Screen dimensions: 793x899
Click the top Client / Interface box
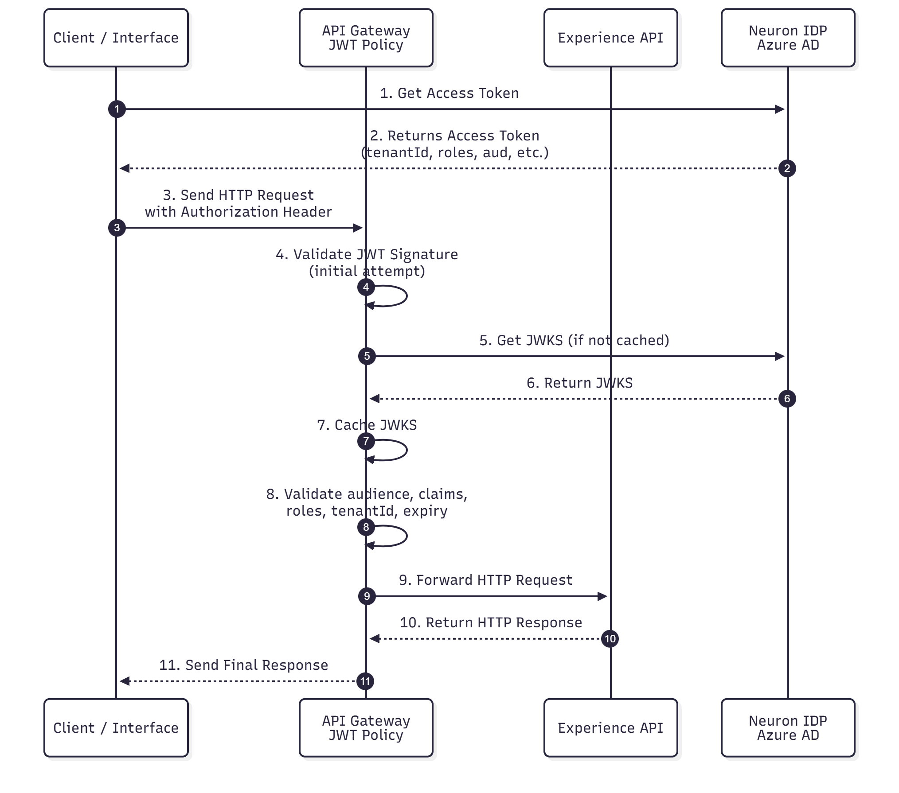coord(116,38)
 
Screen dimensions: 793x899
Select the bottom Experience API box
coord(610,728)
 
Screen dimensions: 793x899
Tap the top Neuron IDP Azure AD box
coord(788,38)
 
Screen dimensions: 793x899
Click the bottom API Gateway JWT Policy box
coord(366,728)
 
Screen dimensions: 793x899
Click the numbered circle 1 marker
coord(117,109)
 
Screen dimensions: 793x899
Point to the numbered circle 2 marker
coord(787,168)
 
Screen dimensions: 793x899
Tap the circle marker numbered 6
coord(787,399)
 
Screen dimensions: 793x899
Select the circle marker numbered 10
coord(610,639)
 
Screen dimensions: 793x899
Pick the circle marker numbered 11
coord(365,681)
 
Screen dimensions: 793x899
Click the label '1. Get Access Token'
coord(449,93)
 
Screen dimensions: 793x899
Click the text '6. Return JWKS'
coord(579,383)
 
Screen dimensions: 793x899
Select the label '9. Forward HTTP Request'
coord(485,580)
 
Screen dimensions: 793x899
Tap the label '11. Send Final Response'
coord(243,665)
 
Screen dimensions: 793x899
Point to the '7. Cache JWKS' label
coord(367,425)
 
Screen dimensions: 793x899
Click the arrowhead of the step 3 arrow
coord(358,228)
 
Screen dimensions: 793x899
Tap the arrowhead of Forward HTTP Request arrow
coord(602,596)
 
